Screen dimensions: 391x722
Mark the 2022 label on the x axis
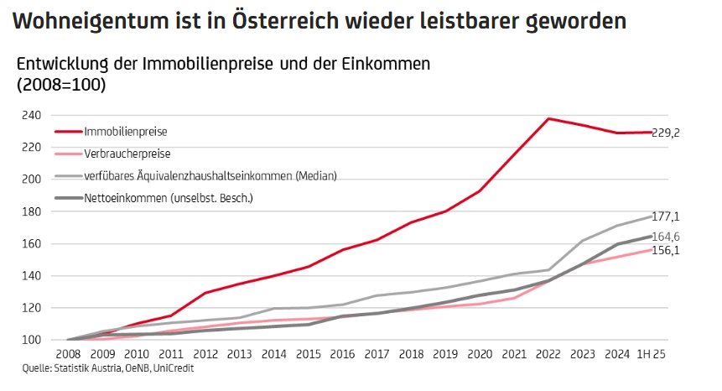coord(548,355)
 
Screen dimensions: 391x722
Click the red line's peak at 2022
coord(548,118)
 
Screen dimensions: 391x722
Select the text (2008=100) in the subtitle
coord(60,84)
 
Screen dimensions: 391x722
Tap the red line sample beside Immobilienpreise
coord(68,133)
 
